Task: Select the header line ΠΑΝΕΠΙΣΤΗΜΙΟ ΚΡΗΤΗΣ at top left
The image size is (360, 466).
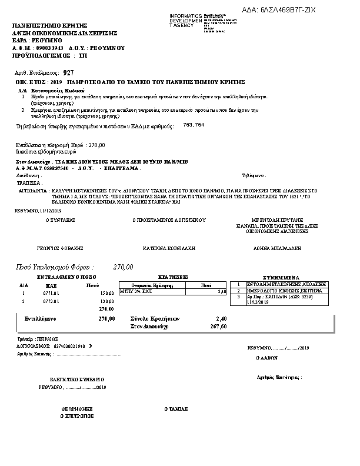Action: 50,26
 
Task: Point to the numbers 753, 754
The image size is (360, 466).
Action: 194,125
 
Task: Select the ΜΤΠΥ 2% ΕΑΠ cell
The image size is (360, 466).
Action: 136,291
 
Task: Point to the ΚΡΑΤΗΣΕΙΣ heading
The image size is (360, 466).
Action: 174,277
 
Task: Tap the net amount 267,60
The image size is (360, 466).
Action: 217,325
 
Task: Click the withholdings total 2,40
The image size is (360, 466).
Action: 221,318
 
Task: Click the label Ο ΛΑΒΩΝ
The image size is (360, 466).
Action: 266,357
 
